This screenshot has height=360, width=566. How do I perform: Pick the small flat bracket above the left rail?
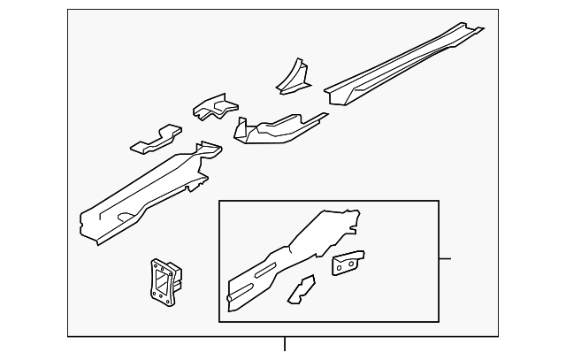(x=156, y=138)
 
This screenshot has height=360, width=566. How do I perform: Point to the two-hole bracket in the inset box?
(x=348, y=263)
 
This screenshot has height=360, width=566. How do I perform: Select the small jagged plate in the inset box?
(x=302, y=288)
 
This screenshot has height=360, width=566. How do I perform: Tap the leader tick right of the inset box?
(x=445, y=258)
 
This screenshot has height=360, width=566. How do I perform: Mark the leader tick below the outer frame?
(x=284, y=344)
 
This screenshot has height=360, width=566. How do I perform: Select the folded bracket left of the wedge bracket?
(x=216, y=108)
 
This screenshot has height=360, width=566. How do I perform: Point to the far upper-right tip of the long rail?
(x=480, y=29)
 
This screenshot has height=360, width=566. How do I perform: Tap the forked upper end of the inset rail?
(x=349, y=218)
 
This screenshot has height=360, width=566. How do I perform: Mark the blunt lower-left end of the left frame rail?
(x=86, y=226)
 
